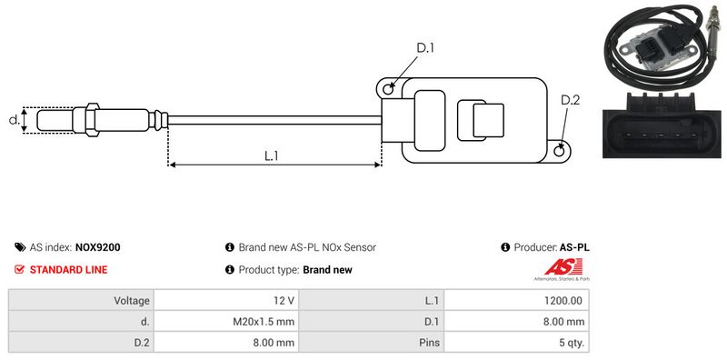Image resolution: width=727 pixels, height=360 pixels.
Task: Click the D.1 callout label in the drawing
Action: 424,48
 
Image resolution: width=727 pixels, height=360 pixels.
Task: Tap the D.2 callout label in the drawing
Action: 571,100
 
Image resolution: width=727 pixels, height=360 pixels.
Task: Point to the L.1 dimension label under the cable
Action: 271,155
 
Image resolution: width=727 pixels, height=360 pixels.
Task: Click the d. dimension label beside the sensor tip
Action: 15,120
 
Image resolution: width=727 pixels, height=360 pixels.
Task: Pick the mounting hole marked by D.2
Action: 560,150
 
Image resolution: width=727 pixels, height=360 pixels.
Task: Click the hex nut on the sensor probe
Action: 93,120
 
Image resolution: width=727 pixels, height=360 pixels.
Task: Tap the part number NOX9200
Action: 98,247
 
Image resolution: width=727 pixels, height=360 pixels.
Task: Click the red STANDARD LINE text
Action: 69,269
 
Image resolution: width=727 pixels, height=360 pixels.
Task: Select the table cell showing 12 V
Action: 226,301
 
